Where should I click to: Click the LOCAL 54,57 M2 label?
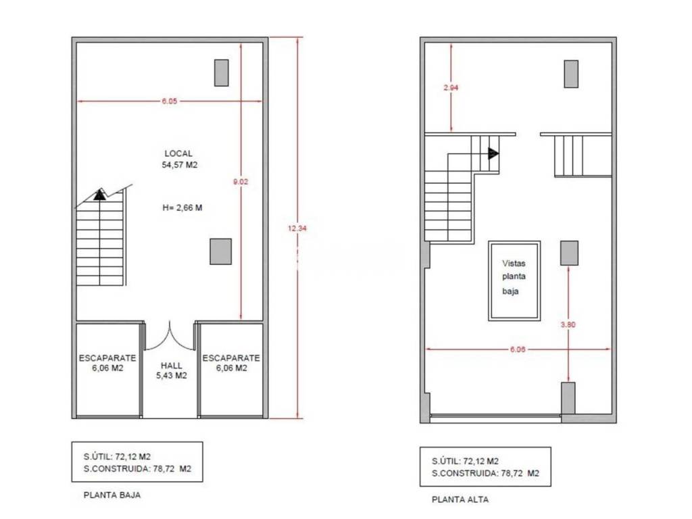point(179,159)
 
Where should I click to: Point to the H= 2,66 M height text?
point(182,207)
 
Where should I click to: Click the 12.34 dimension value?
point(297,228)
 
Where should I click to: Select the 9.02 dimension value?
point(241,181)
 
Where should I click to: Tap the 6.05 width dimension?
point(169,101)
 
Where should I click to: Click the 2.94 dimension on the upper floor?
point(451,87)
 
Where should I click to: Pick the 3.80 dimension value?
point(568,324)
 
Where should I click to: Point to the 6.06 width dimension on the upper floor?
point(518,349)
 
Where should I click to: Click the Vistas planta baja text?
point(514,277)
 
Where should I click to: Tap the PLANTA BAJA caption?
point(112,495)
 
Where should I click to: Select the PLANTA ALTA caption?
point(460,499)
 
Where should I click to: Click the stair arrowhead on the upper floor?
point(493,153)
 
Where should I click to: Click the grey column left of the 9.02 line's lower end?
point(221,251)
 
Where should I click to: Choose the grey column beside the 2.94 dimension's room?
point(571,74)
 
